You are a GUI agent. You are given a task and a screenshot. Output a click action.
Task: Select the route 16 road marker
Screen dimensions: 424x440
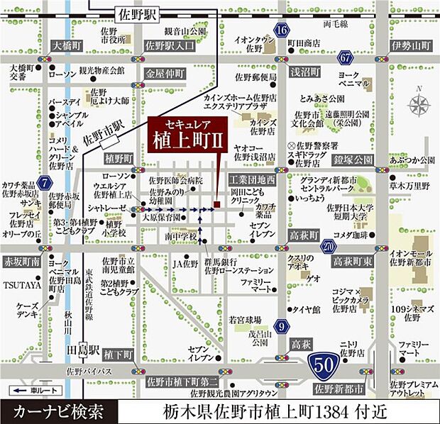pyautogui.click(x=282, y=30)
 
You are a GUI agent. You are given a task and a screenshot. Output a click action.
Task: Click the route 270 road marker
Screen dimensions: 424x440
pyautogui.click(x=328, y=246)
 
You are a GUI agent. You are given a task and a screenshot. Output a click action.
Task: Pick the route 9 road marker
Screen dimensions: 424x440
pyautogui.click(x=282, y=326)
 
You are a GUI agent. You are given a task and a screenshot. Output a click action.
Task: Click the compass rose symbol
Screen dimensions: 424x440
pyautogui.click(x=419, y=107)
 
